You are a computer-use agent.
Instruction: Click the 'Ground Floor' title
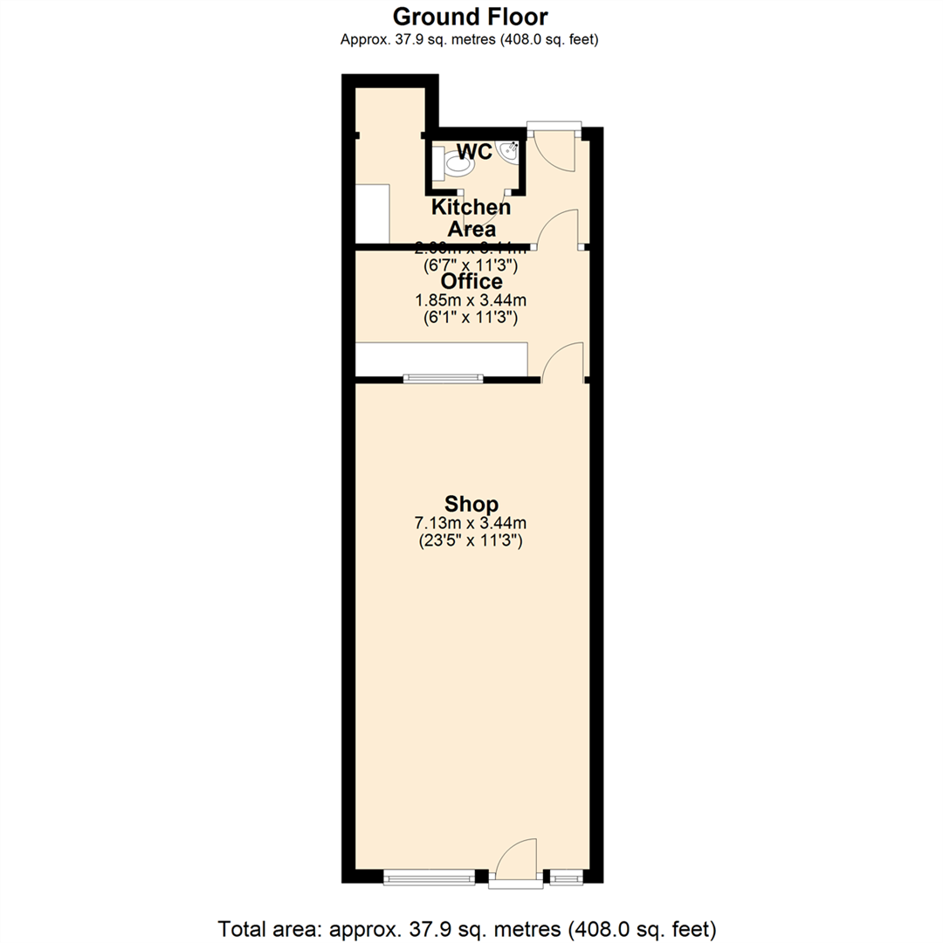pyautogui.click(x=471, y=16)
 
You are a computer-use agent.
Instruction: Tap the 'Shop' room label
pyautogui.click(x=471, y=504)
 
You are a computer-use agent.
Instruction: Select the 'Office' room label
pyautogui.click(x=471, y=281)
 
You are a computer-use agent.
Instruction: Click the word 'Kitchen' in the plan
pyautogui.click(x=471, y=208)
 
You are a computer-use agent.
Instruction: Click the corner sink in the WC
pyautogui.click(x=509, y=151)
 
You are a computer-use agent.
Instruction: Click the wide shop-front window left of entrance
pyautogui.click(x=429, y=876)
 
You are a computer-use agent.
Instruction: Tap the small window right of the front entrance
pyautogui.click(x=565, y=876)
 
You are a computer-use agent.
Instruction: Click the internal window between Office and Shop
pyautogui.click(x=443, y=379)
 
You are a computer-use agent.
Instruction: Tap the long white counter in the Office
pyautogui.click(x=442, y=359)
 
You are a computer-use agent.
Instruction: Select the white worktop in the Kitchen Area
pyautogui.click(x=372, y=213)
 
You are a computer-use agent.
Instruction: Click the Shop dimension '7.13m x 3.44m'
pyautogui.click(x=471, y=523)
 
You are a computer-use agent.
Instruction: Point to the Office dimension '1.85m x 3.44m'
pyautogui.click(x=471, y=300)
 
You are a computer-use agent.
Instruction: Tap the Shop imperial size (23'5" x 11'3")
pyautogui.click(x=471, y=540)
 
